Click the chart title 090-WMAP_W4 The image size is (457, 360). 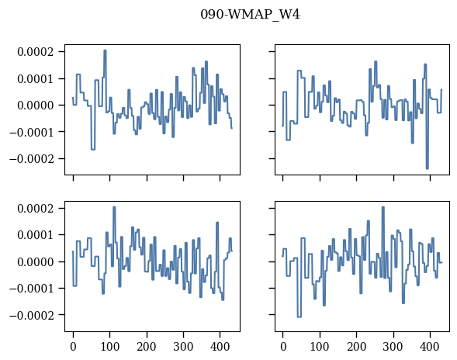[250, 14]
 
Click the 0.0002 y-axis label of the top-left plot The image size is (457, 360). [36, 52]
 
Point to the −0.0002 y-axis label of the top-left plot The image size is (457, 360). [32, 159]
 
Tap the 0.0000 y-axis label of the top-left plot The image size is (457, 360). [36, 106]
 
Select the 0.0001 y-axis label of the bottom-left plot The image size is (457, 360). [36, 235]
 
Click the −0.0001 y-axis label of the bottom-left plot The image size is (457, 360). [32, 289]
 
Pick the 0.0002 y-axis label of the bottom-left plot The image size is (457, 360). [36, 209]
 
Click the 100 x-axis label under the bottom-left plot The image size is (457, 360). [110, 347]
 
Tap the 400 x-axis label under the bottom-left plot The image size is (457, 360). [220, 347]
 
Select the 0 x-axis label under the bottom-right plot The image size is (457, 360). [283, 347]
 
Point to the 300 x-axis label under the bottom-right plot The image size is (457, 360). [393, 347]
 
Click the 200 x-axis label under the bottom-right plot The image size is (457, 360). [356, 347]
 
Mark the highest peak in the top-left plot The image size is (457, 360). [105, 50]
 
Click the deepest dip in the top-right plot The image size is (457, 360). [428, 168]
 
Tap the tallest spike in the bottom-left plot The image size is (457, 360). [114, 207]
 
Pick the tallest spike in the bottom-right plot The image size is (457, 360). [383, 207]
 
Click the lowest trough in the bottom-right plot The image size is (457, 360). [299, 317]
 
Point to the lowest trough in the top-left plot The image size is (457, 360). [93, 149]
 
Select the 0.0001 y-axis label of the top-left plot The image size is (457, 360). [36, 79]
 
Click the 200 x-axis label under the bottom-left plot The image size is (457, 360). [147, 347]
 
